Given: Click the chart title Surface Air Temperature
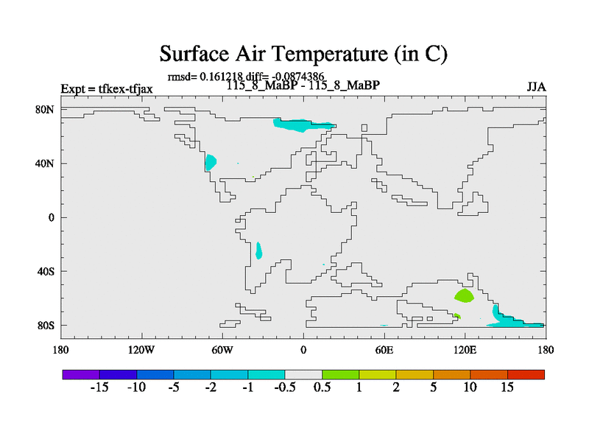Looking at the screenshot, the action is [x=303, y=54].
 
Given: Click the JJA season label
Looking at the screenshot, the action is [x=536, y=87].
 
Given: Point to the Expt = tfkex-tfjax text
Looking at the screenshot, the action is [x=107, y=89].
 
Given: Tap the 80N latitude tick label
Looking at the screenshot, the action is [x=45, y=110].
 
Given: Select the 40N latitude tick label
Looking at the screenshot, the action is [x=45, y=164].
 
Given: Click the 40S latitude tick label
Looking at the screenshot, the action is [x=46, y=271].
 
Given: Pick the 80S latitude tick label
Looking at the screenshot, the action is [x=46, y=326].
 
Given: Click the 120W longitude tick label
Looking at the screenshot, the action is [x=141, y=351].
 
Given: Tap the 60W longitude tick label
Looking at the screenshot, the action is [x=222, y=351].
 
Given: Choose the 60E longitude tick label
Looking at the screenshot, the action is [x=384, y=351].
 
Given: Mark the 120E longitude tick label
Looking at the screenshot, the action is [x=465, y=351].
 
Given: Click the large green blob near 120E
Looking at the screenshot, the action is [x=465, y=296].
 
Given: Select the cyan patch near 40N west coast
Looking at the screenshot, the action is [x=211, y=162].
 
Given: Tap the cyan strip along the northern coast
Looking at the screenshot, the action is [x=303, y=124].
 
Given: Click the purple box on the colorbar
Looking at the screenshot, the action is [x=81, y=374].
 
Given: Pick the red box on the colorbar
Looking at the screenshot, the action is [x=526, y=374].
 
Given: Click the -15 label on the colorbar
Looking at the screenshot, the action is [x=99, y=387].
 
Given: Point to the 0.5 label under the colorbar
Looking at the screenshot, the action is [x=322, y=387].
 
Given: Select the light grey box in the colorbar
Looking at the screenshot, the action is [x=303, y=374].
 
